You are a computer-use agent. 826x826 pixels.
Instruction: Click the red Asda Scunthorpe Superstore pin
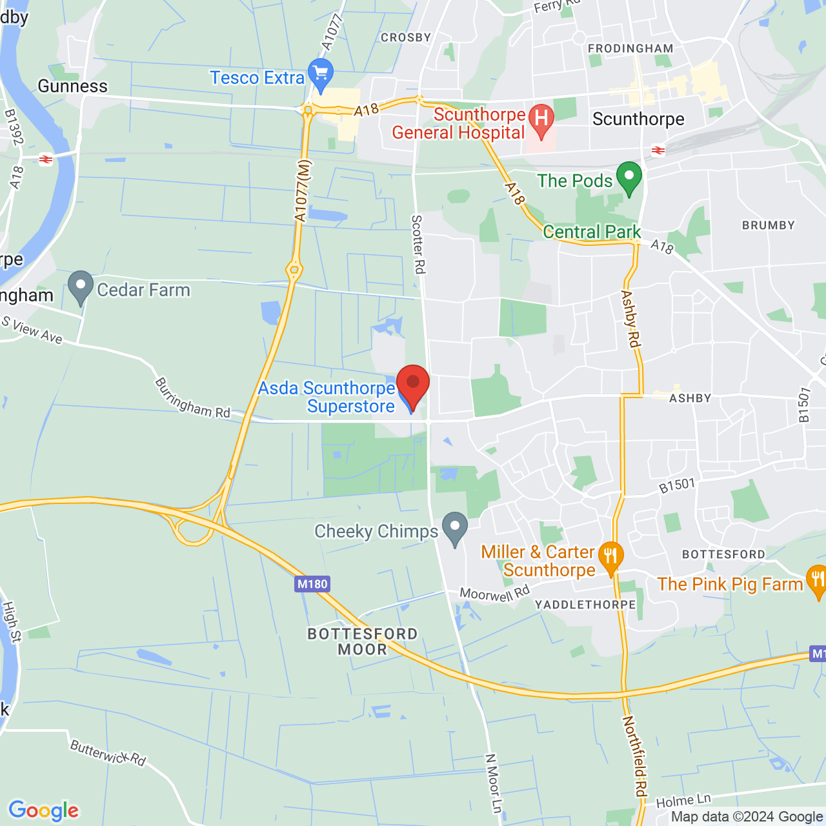412,383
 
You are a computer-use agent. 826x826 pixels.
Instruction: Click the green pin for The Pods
629,177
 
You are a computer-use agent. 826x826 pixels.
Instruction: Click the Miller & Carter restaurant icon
610,557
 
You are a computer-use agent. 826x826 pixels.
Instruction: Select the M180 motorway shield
312,585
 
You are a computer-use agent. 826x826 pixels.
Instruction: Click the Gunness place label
73,86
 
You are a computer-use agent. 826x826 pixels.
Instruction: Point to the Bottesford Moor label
363,641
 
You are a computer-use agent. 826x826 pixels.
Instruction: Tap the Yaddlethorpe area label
585,605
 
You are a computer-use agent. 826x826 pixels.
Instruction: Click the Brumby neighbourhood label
769,225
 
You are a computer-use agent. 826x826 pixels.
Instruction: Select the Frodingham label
630,48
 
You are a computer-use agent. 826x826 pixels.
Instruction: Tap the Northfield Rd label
635,758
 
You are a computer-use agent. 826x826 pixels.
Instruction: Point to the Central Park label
592,232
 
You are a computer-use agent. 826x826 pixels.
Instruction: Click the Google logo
44,811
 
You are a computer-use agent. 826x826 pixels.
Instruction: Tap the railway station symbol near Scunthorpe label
658,151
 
